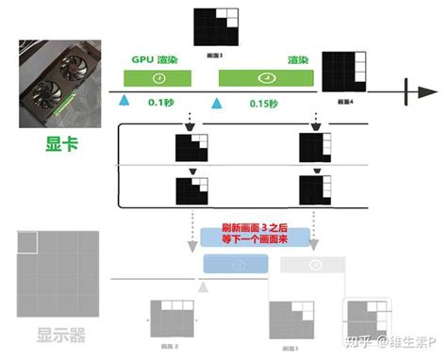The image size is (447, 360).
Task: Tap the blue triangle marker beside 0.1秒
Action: coord(123,101)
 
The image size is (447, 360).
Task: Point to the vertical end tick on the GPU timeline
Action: coord(406,90)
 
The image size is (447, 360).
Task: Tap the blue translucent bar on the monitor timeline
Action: coord(240,267)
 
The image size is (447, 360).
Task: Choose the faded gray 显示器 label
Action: coord(64,335)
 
